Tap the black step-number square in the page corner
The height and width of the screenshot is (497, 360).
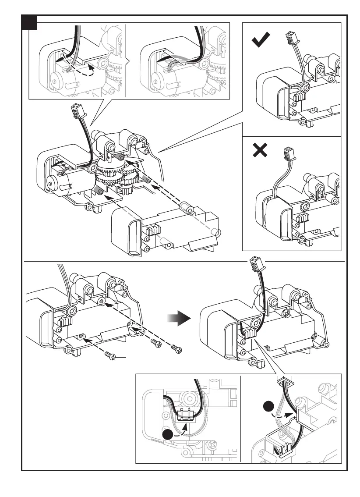coord(29,22)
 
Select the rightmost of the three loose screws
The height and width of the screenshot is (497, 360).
coord(176,349)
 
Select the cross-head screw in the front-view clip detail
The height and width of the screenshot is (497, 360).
coord(212,444)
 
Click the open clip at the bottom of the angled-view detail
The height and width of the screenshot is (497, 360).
coord(285,447)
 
